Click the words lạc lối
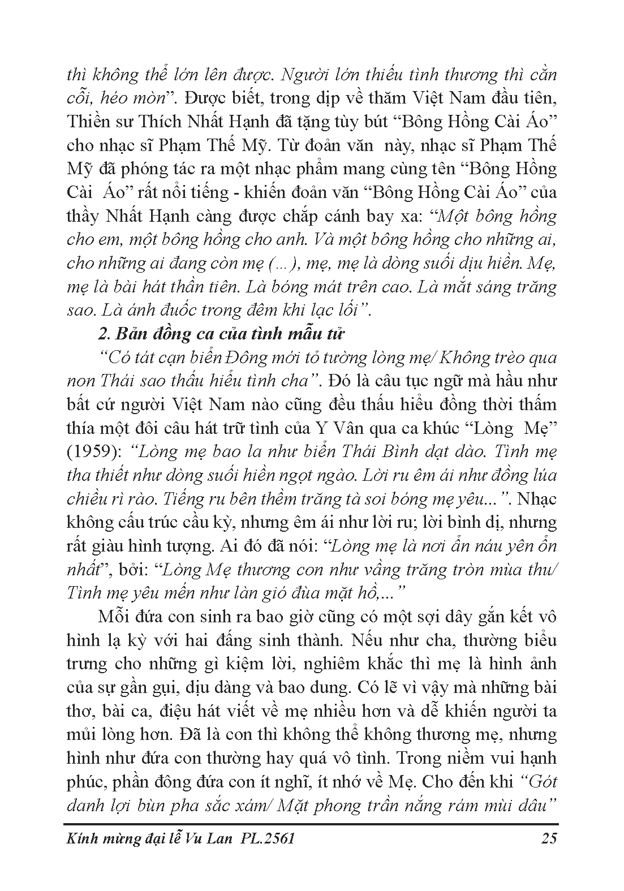(x=334, y=310)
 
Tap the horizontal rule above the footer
(x=312, y=824)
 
